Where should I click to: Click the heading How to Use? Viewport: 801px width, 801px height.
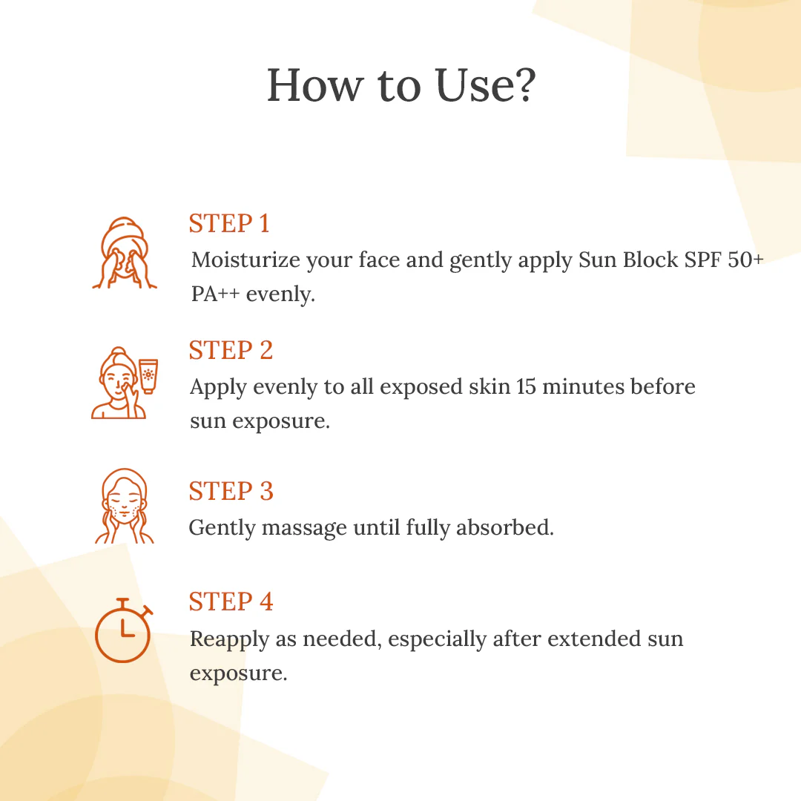coord(401,85)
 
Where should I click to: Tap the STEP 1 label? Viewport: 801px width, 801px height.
coord(229,223)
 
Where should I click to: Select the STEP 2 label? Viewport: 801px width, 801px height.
coord(231,350)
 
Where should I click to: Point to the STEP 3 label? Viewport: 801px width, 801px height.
coord(231,492)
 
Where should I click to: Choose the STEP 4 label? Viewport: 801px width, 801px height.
coord(231,601)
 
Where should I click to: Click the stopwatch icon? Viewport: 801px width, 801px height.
coord(124,630)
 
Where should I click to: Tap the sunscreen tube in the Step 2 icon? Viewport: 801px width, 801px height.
coord(148,376)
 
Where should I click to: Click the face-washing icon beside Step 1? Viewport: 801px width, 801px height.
coord(124,253)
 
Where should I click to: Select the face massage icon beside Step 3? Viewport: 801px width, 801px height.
coord(124,506)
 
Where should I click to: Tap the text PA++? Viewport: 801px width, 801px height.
coord(215,294)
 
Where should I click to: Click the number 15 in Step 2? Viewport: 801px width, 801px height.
coord(526,386)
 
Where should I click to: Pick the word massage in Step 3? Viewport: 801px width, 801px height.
coord(304,528)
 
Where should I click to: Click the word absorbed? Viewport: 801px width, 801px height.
coord(505,528)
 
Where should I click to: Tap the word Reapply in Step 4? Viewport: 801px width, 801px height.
coord(229,640)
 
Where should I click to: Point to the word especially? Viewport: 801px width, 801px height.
coord(438,640)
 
